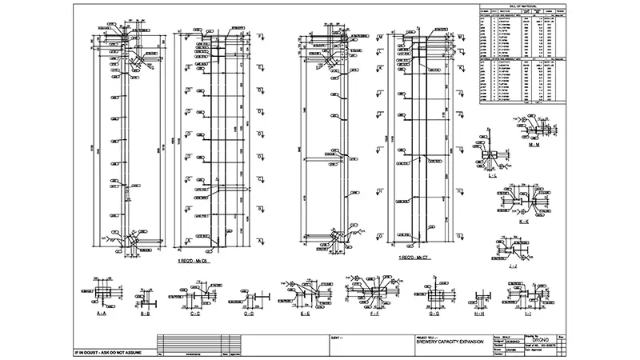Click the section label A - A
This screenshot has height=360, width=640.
(102, 315)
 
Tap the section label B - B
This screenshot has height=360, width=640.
(145, 315)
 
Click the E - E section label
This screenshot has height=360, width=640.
(305, 315)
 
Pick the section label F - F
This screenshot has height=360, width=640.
(374, 315)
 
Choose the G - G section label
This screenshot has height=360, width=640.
(434, 315)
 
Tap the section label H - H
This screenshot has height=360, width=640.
(479, 315)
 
